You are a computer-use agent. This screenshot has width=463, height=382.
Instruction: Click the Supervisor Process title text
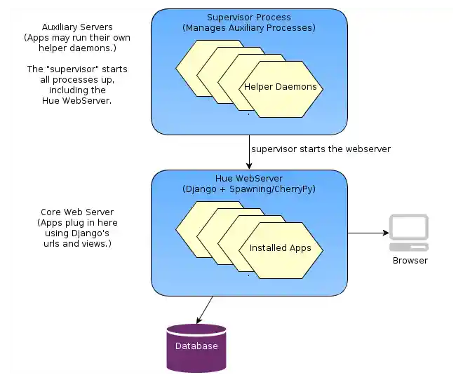tap(249, 17)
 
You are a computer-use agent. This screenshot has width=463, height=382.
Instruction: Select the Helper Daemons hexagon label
tap(281, 88)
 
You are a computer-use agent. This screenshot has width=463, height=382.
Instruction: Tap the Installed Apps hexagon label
tap(281, 248)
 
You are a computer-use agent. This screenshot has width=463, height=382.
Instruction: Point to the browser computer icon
tap(409, 232)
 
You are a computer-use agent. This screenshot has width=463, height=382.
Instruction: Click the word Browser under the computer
tap(410, 260)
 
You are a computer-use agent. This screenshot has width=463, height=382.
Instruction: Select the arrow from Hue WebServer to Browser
tap(368, 233)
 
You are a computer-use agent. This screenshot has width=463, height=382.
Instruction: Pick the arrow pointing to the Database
tap(205, 308)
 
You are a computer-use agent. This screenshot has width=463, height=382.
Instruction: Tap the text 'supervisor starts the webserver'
tap(321, 149)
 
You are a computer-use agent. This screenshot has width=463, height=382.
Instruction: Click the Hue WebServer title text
tap(249, 179)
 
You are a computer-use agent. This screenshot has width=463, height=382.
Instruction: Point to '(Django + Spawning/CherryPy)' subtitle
tap(249, 189)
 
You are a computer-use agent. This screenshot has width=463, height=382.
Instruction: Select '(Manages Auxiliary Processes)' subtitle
tap(249, 28)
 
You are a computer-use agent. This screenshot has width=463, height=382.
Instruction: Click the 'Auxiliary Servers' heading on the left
tap(77, 27)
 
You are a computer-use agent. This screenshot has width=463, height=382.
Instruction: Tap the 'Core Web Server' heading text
tap(77, 212)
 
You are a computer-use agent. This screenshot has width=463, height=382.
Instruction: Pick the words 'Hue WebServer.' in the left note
tap(77, 101)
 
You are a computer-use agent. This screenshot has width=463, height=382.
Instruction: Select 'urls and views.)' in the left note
tap(77, 244)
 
